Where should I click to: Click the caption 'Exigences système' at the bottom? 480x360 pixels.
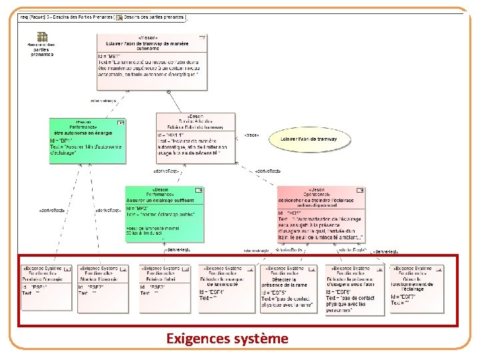coord(227,339)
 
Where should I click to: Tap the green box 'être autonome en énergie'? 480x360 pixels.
coord(87,141)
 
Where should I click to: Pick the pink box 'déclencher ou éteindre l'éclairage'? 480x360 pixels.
coord(321,213)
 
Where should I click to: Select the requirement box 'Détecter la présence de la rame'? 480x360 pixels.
coord(289,288)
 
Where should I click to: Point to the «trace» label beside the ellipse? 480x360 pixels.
coord(252,135)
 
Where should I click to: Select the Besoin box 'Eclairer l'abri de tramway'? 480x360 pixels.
coord(196,137)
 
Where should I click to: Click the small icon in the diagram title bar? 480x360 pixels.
coord(119,17)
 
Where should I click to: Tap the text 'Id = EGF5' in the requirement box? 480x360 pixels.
coord(275,293)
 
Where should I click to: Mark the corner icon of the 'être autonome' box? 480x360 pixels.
coord(121,123)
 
